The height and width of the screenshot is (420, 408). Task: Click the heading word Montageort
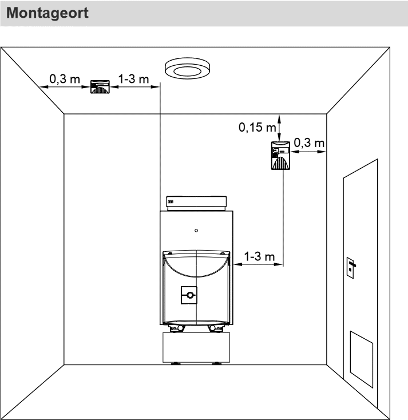47,13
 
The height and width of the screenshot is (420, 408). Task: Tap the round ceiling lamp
187,68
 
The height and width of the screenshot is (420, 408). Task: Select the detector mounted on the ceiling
100,87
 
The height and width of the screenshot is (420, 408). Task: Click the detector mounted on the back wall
280,156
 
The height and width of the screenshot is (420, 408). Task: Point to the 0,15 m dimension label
257,127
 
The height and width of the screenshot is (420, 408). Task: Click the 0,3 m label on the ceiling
65,79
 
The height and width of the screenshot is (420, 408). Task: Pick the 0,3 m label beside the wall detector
309,143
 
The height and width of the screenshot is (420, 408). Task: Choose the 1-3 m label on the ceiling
133,79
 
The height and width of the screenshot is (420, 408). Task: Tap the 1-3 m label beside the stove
259,256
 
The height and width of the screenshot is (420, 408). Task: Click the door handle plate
350,268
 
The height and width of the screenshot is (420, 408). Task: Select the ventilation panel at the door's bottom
362,359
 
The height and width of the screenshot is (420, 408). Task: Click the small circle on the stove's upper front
196,231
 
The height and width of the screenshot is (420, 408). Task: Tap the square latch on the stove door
189,295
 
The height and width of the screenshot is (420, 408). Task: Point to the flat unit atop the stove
196,203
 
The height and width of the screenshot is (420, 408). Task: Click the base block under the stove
196,347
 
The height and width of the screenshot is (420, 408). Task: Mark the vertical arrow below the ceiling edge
279,128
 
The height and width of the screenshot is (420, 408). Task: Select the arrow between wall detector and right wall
308,152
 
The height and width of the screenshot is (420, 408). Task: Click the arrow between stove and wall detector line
258,264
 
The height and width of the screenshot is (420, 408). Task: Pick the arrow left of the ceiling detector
65,87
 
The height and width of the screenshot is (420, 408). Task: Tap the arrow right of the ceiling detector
135,87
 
